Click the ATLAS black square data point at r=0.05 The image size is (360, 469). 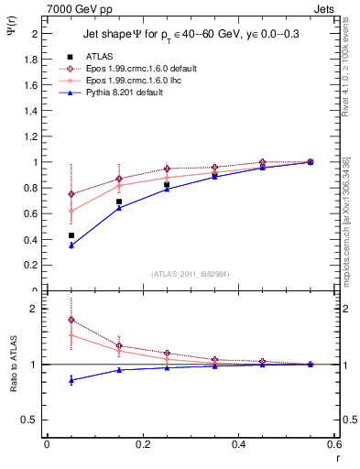[x=71, y=235]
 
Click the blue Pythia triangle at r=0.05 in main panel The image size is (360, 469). [x=71, y=245]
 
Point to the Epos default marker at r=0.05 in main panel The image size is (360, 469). [x=71, y=194]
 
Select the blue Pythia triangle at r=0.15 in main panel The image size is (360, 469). [x=119, y=208]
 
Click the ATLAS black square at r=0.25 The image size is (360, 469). [x=167, y=185]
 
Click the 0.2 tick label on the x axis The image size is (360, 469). [x=142, y=444]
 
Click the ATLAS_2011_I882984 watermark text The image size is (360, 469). [x=191, y=274]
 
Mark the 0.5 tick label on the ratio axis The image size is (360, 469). [x=27, y=420]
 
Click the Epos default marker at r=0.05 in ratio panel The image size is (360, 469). [x=71, y=320]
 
